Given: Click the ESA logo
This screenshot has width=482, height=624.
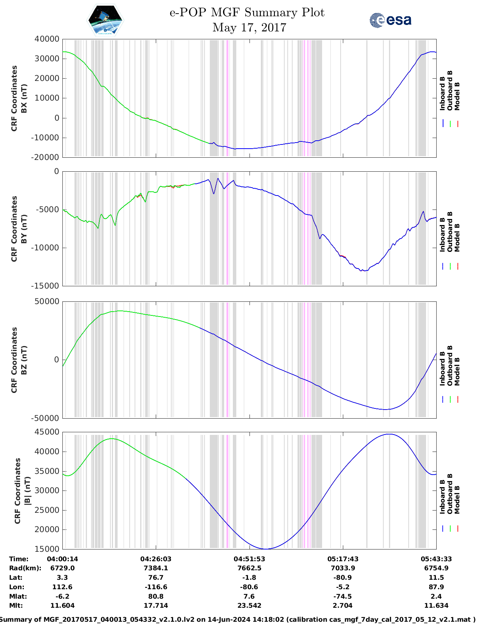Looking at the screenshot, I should pyautogui.click(x=390, y=20).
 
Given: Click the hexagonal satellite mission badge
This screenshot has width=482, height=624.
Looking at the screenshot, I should pyautogui.click(x=105, y=20).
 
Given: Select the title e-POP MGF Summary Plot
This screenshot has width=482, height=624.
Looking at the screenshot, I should pyautogui.click(x=247, y=12).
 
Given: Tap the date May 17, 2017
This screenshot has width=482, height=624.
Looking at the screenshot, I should pyautogui.click(x=249, y=28).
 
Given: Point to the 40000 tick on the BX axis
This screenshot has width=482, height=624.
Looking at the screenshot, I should pyautogui.click(x=47, y=39).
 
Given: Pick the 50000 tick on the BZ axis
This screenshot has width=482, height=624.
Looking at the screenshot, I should pyautogui.click(x=47, y=301).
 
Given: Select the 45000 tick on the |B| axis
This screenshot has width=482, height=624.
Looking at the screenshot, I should pyautogui.click(x=47, y=432).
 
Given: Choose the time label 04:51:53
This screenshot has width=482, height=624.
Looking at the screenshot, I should pyautogui.click(x=249, y=559).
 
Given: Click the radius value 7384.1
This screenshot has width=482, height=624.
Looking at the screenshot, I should pyautogui.click(x=156, y=568).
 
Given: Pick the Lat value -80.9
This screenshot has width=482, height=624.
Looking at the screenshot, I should pyautogui.click(x=343, y=577).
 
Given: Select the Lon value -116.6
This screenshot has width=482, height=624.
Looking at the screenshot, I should pyautogui.click(x=156, y=587).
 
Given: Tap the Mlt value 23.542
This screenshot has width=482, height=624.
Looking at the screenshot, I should pyautogui.click(x=249, y=605).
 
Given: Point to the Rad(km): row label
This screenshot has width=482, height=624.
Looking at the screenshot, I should pyautogui.click(x=25, y=568).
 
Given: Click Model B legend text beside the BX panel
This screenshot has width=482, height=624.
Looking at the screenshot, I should pyautogui.click(x=457, y=96).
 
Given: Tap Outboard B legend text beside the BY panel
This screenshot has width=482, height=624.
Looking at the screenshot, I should pyautogui.click(x=450, y=231).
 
